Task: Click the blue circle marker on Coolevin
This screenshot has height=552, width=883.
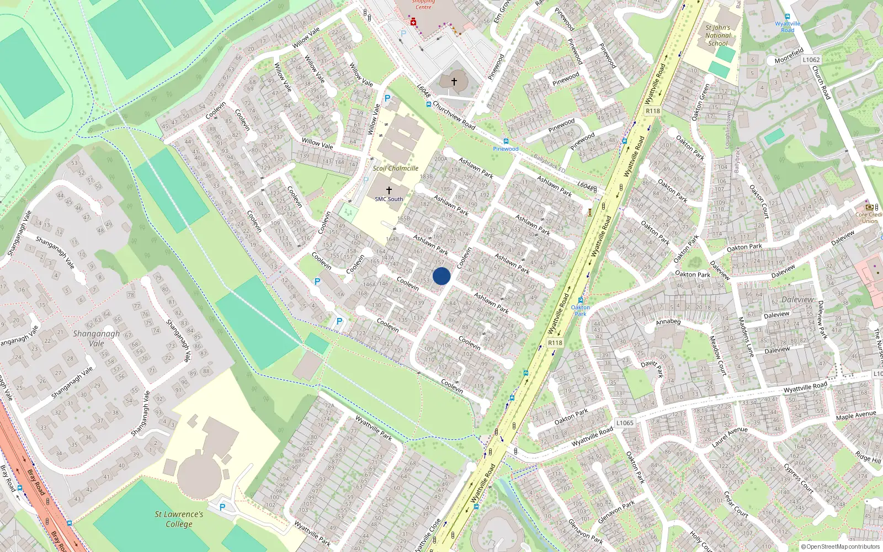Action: coord(441,275)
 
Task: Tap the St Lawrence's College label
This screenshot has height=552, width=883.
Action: coord(179,519)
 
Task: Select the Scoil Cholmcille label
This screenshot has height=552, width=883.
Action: coord(395,168)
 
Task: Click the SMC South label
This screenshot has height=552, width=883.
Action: coord(389,199)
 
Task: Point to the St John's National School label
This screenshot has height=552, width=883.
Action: coord(718,35)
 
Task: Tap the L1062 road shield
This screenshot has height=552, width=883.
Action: coord(811,60)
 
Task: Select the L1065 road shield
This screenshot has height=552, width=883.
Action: coord(625,423)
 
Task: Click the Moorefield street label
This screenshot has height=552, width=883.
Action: coord(789,56)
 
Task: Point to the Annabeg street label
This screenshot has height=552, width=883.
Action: coord(668,322)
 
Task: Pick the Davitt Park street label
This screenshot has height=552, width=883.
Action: coord(652,368)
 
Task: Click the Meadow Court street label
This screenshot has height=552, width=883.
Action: coord(717,355)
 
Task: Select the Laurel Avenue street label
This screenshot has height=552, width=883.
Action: coord(730,437)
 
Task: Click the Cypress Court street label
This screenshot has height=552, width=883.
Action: coord(799,477)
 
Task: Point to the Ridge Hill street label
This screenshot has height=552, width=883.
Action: coord(868,457)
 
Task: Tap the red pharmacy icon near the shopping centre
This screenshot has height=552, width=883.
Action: coord(413,22)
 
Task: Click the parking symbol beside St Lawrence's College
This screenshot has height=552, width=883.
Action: coord(222,507)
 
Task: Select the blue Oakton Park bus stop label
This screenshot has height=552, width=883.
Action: coord(580,310)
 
